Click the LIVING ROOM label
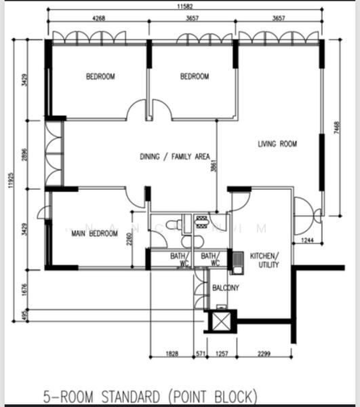point(277,144)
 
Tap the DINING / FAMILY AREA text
point(174,157)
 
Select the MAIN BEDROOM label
point(95,234)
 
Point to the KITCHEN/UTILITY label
point(264,260)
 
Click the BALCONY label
point(226,288)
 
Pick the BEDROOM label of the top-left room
point(100,77)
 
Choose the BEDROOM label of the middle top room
point(195,77)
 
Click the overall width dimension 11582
point(187,7)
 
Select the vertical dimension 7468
point(337,128)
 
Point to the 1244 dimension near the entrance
point(308,240)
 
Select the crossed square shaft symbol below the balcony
point(221,321)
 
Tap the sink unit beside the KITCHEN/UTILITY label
point(237,262)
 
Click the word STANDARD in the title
point(129,395)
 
